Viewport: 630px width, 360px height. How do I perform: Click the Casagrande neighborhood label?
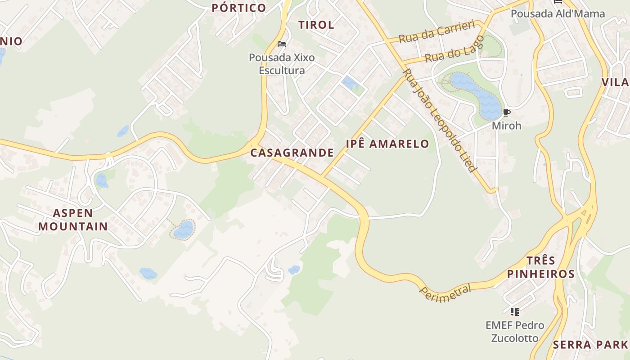click(292, 153)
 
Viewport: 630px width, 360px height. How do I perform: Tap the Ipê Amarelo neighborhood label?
click(387, 144)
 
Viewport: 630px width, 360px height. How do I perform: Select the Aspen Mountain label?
click(73, 220)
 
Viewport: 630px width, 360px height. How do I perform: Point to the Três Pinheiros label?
click(541, 267)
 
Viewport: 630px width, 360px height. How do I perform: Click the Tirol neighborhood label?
click(316, 25)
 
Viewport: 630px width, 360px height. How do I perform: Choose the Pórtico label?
click(239, 8)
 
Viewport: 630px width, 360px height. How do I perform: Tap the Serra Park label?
click(590, 345)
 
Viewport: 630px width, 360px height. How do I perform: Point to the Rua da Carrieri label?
click(436, 31)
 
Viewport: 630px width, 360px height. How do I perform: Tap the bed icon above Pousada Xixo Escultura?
click(282, 44)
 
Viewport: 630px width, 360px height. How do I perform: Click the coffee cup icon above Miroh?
click(506, 112)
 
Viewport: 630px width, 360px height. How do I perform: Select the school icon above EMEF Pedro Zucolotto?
click(515, 311)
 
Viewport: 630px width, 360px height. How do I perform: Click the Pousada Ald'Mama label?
click(558, 13)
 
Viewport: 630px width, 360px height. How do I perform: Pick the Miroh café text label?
click(506, 126)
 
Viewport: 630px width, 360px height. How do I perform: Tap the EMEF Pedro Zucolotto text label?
click(515, 331)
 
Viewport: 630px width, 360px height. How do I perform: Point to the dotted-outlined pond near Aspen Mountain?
click(184, 230)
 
